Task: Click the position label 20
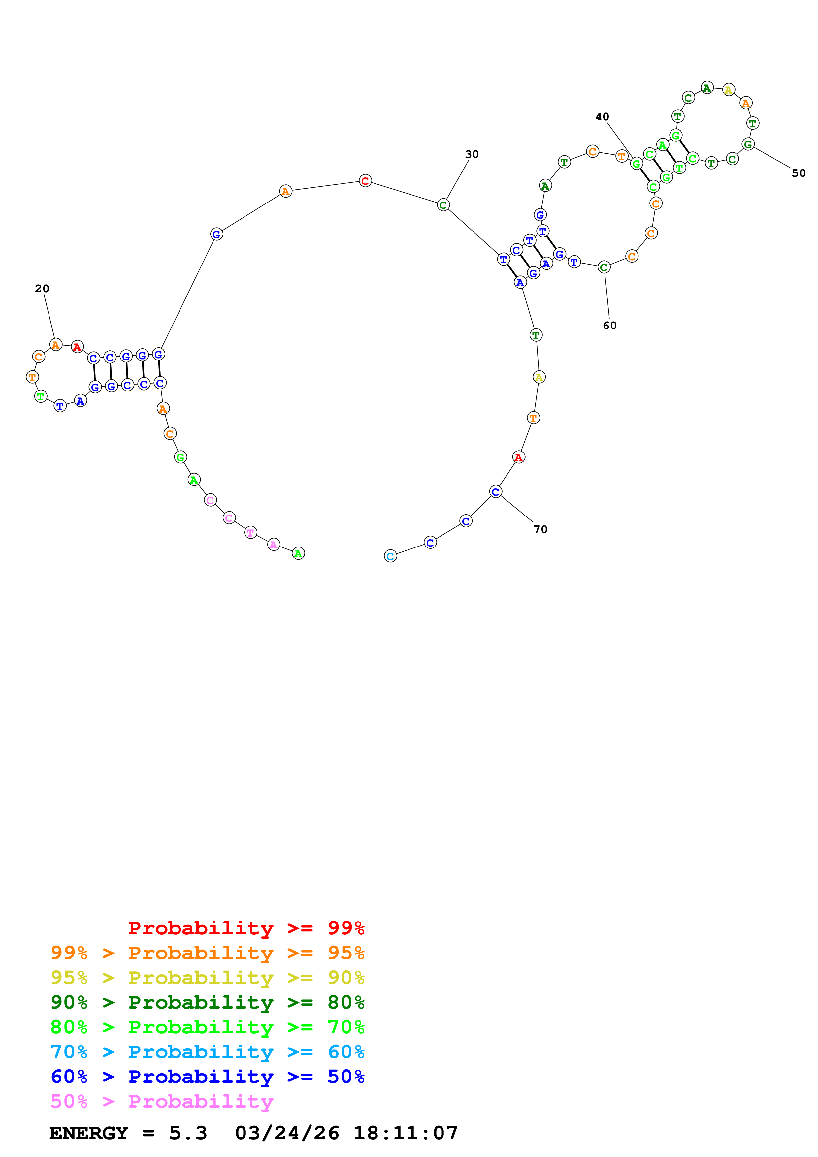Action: click(x=42, y=289)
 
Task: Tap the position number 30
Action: click(x=472, y=155)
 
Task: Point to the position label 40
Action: click(x=602, y=117)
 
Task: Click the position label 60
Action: click(x=610, y=326)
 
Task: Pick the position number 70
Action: click(x=540, y=529)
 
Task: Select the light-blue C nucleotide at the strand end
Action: click(x=391, y=556)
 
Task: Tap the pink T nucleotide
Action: click(x=250, y=533)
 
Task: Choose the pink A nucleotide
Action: click(x=274, y=545)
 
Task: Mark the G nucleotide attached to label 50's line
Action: click(x=748, y=144)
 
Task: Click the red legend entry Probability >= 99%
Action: click(x=246, y=928)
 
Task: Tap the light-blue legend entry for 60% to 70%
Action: click(x=207, y=1052)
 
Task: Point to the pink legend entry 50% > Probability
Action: click(x=162, y=1102)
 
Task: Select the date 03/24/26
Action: click(x=287, y=1133)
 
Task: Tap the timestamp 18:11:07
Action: click(x=405, y=1133)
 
